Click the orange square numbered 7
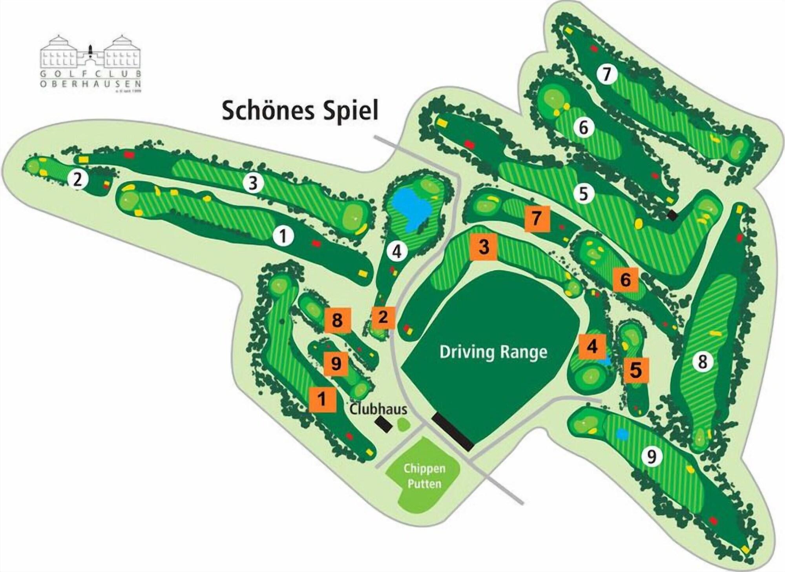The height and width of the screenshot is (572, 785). (x=537, y=219)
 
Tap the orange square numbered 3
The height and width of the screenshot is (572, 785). (x=484, y=247)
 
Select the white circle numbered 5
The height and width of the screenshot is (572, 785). (x=584, y=193)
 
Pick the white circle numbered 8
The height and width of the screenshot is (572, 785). (x=702, y=361)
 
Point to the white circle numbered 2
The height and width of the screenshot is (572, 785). (x=78, y=180)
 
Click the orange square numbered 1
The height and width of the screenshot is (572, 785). (x=322, y=399)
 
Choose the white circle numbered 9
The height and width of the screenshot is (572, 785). (x=652, y=456)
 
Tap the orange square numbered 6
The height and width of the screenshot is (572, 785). (x=625, y=280)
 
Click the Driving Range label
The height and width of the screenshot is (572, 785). (x=493, y=352)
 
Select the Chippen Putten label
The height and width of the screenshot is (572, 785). (x=424, y=476)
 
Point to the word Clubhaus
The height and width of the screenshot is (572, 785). (x=378, y=410)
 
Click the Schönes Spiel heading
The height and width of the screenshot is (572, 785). (x=300, y=111)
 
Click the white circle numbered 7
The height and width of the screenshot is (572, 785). (x=607, y=74)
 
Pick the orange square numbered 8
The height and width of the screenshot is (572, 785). (x=337, y=320)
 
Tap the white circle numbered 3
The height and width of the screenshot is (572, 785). (x=253, y=183)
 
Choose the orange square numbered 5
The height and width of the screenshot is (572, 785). (x=636, y=370)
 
